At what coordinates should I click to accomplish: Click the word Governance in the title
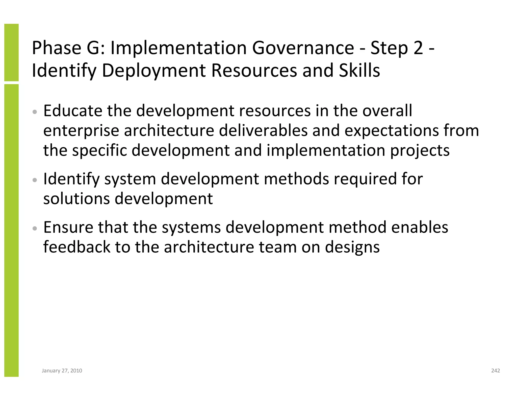(303, 48)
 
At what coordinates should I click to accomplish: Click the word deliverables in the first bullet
(263, 131)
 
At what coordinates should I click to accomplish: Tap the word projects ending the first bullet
(420, 151)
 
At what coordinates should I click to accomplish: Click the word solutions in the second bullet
(76, 198)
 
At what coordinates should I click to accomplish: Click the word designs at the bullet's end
(352, 247)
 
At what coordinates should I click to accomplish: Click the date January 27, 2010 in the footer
(62, 371)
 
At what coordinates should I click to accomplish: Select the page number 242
(496, 371)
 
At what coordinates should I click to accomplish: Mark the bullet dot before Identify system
(35, 180)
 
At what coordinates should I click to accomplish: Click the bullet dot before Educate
(35, 112)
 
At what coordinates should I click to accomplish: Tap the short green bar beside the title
(11, 52)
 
